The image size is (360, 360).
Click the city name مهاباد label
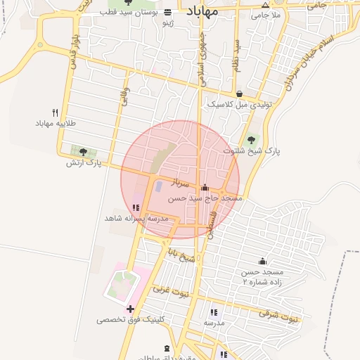point(202,12)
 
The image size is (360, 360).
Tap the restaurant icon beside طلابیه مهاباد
point(55,112)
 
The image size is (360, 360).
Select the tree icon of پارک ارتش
point(84,151)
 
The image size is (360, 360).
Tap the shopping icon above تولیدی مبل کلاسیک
point(239,94)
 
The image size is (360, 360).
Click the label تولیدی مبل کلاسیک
point(239,104)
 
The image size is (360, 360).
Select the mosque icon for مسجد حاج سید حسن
point(205,188)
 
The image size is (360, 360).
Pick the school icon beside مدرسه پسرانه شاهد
point(135,208)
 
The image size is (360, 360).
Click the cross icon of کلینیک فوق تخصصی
point(129,309)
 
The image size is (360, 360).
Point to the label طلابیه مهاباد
point(56,124)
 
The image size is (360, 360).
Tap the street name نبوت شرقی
point(278,315)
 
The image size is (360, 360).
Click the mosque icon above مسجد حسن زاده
point(262,261)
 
